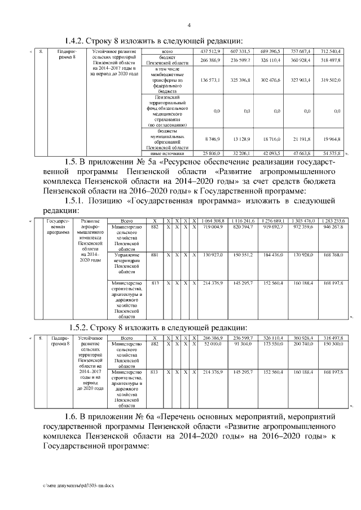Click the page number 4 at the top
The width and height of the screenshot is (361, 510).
pyautogui.click(x=189, y=25)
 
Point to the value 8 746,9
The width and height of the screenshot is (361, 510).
pyautogui.click(x=211, y=139)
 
